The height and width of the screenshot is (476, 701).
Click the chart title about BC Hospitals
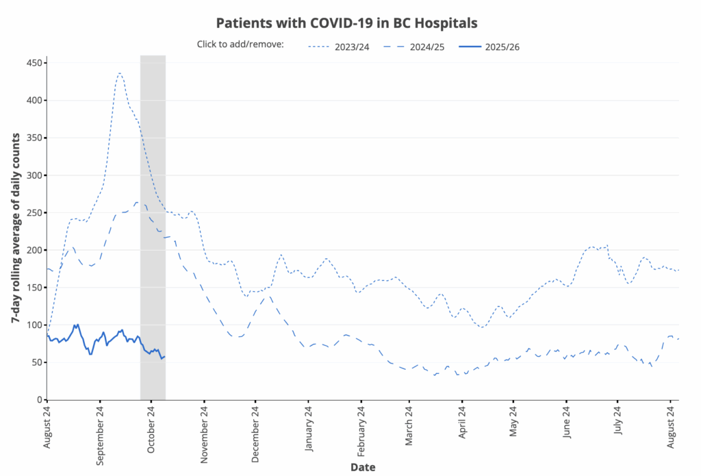[x=346, y=22]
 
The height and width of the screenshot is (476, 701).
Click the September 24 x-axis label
[x=100, y=436]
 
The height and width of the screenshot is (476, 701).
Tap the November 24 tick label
[x=204, y=436]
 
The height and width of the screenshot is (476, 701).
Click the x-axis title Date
[x=362, y=467]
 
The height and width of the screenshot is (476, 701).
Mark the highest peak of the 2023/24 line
[x=119, y=73]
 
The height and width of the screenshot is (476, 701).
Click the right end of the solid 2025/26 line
[x=164, y=356]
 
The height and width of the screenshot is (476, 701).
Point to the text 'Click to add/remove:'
[x=240, y=45]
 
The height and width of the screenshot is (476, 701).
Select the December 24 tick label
[x=255, y=436]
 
